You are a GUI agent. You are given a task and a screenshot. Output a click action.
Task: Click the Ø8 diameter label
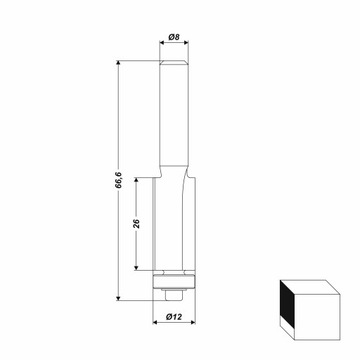tap(174, 37)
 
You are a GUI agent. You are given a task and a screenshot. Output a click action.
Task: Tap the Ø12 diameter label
tap(174, 317)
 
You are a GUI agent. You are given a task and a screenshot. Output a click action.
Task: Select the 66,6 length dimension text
tap(118, 180)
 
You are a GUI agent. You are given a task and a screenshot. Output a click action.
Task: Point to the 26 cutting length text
tap(136, 223)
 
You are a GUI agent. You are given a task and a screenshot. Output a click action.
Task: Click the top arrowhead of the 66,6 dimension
tap(118, 63)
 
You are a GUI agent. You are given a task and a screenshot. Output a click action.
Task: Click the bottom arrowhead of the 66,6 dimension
tap(118, 298)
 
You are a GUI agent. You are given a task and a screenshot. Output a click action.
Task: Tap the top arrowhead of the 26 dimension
tap(136, 180)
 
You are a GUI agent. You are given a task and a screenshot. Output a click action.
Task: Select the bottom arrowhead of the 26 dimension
tap(136, 267)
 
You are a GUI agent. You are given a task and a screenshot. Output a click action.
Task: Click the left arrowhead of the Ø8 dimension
tap(162, 42)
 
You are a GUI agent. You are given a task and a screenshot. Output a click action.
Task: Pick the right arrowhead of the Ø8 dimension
tap(186, 42)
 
